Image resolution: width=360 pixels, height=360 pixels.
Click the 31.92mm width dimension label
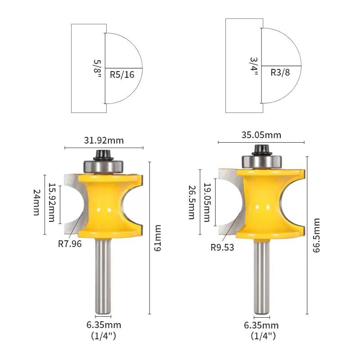[x=104, y=140]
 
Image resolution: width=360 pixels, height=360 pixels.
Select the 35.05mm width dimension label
[x=261, y=135]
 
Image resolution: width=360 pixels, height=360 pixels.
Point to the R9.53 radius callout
[x=223, y=247]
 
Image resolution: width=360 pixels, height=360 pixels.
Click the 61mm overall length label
[x=157, y=238]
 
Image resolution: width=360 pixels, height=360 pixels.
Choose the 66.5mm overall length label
[x=316, y=235]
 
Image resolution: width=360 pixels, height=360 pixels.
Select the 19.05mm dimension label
[x=207, y=202]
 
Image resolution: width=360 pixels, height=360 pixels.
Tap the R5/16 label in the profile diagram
[x=122, y=75]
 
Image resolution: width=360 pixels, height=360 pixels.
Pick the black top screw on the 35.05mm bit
[x=260, y=149]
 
